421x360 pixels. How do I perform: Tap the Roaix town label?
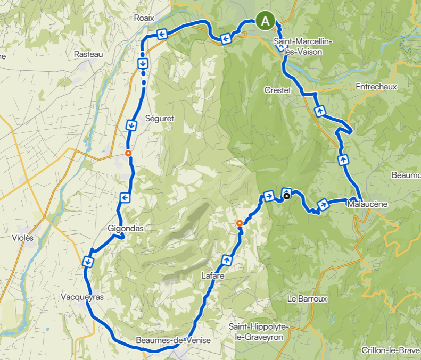(144, 18)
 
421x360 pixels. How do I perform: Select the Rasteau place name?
(88, 54)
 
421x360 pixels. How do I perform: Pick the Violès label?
(22, 238)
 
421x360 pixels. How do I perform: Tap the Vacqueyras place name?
(82, 297)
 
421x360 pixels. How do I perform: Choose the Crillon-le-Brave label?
(391, 350)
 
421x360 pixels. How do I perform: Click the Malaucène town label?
(367, 204)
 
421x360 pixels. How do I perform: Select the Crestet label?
(278, 90)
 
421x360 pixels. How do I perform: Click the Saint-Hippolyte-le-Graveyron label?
(259, 331)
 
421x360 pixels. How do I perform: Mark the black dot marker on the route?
(287, 196)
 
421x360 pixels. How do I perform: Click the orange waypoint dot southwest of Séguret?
(128, 153)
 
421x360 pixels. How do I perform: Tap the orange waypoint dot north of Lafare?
(240, 223)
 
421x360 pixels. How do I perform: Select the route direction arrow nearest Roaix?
(161, 35)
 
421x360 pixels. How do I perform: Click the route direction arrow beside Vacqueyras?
(87, 261)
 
